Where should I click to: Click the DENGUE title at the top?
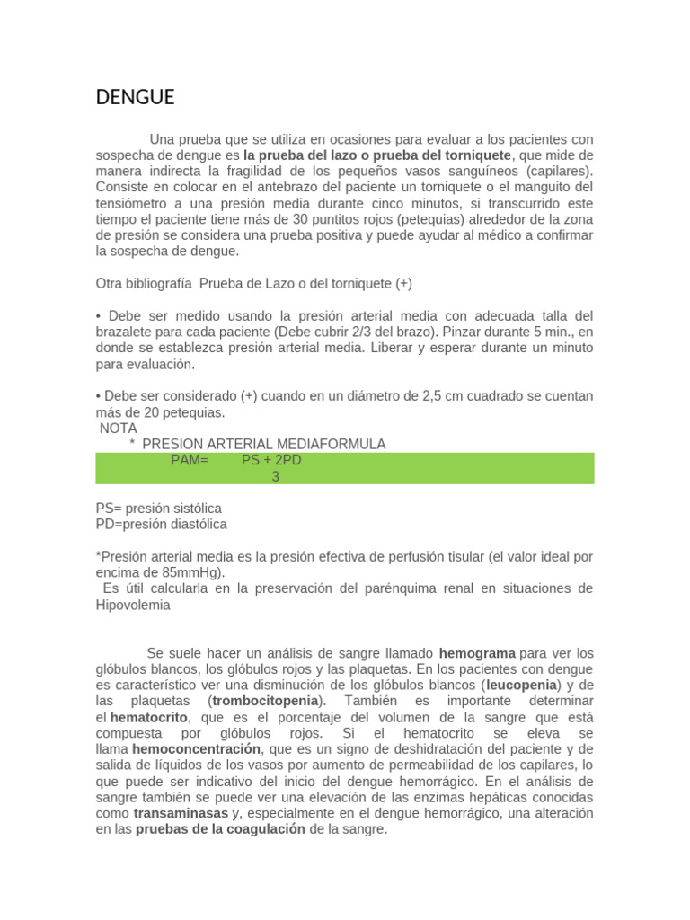tap(135, 98)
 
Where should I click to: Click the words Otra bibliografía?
tap(144, 283)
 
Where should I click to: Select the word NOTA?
tap(119, 429)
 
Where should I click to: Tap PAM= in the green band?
tap(189, 460)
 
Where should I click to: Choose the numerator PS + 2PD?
tap(271, 460)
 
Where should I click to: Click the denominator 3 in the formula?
tap(276, 476)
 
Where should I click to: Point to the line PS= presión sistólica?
tap(159, 508)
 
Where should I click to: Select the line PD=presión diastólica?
tap(162, 524)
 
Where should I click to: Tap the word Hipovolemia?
tap(133, 605)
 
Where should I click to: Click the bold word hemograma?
tap(477, 653)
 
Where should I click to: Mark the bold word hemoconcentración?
tap(197, 749)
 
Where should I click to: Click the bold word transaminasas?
tap(181, 814)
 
